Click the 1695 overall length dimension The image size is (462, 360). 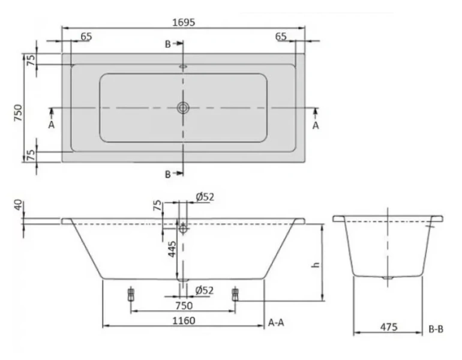click(184, 22)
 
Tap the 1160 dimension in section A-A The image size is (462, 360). click(184, 320)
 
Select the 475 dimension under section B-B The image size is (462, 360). click(389, 327)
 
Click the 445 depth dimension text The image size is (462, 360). click(172, 249)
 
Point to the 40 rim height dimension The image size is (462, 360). click(18, 205)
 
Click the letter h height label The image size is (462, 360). click(316, 264)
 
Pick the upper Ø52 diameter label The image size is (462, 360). click(205, 197)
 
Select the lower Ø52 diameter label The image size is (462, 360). click(205, 290)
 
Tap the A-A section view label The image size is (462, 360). click(276, 323)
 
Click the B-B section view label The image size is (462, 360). click(436, 329)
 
